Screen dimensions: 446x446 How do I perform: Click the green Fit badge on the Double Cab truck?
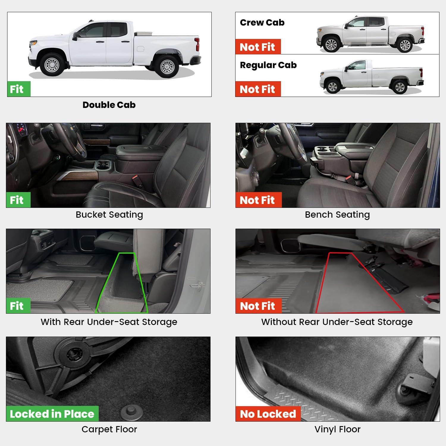coord(19,89)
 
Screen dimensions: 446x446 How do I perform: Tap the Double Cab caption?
coord(109,105)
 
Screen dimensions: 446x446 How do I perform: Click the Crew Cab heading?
coord(262,23)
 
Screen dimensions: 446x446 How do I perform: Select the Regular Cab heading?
coord(268,65)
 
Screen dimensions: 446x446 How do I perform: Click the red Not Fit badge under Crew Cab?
coord(258,47)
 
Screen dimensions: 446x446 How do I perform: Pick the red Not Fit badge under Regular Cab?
coord(258,89)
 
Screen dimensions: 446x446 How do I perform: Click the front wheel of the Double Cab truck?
coord(52,65)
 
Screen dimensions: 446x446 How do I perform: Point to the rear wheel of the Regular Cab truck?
coord(399,87)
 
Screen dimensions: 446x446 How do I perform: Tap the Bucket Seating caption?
coord(109,215)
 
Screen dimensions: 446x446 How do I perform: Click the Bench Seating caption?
coord(337,215)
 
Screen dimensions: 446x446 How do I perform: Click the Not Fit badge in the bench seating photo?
coord(258,200)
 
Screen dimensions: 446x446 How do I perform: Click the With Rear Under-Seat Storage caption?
coord(109,322)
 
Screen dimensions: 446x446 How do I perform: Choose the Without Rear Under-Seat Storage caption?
coord(337,322)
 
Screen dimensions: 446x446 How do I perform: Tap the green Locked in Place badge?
coord(52,414)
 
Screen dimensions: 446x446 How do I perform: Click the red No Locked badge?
coord(268,414)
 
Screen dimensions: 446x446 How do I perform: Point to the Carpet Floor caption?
coord(109,429)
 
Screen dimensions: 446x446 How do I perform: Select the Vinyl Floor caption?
coord(337,429)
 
